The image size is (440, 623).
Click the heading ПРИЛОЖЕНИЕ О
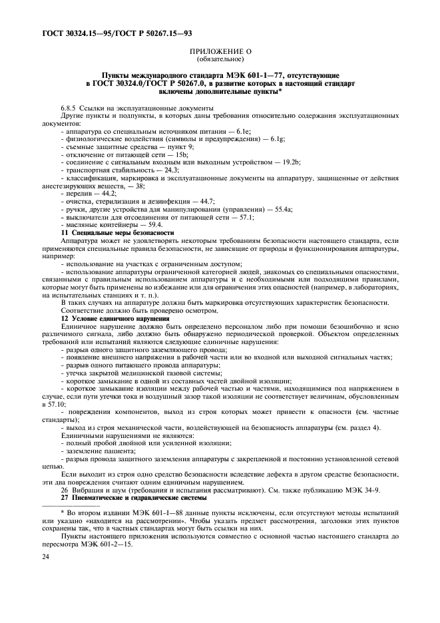click(x=220, y=52)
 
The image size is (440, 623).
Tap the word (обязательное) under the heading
click(x=220, y=59)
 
